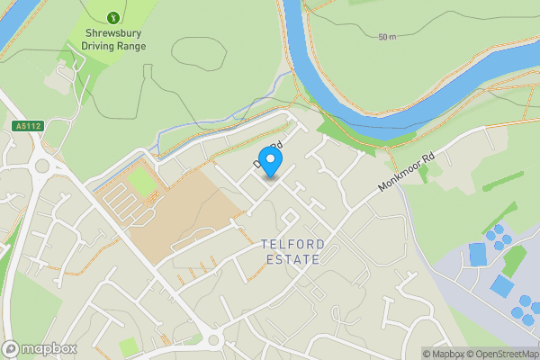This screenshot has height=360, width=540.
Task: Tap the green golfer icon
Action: (x=112, y=17)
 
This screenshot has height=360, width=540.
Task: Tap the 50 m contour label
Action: (x=387, y=37)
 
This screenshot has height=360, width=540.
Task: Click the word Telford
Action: (x=289, y=244)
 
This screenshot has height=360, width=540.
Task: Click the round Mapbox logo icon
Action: (x=11, y=348)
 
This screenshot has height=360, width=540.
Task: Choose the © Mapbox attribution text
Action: (x=445, y=354)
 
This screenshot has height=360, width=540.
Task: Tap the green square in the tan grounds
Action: (x=140, y=181)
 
